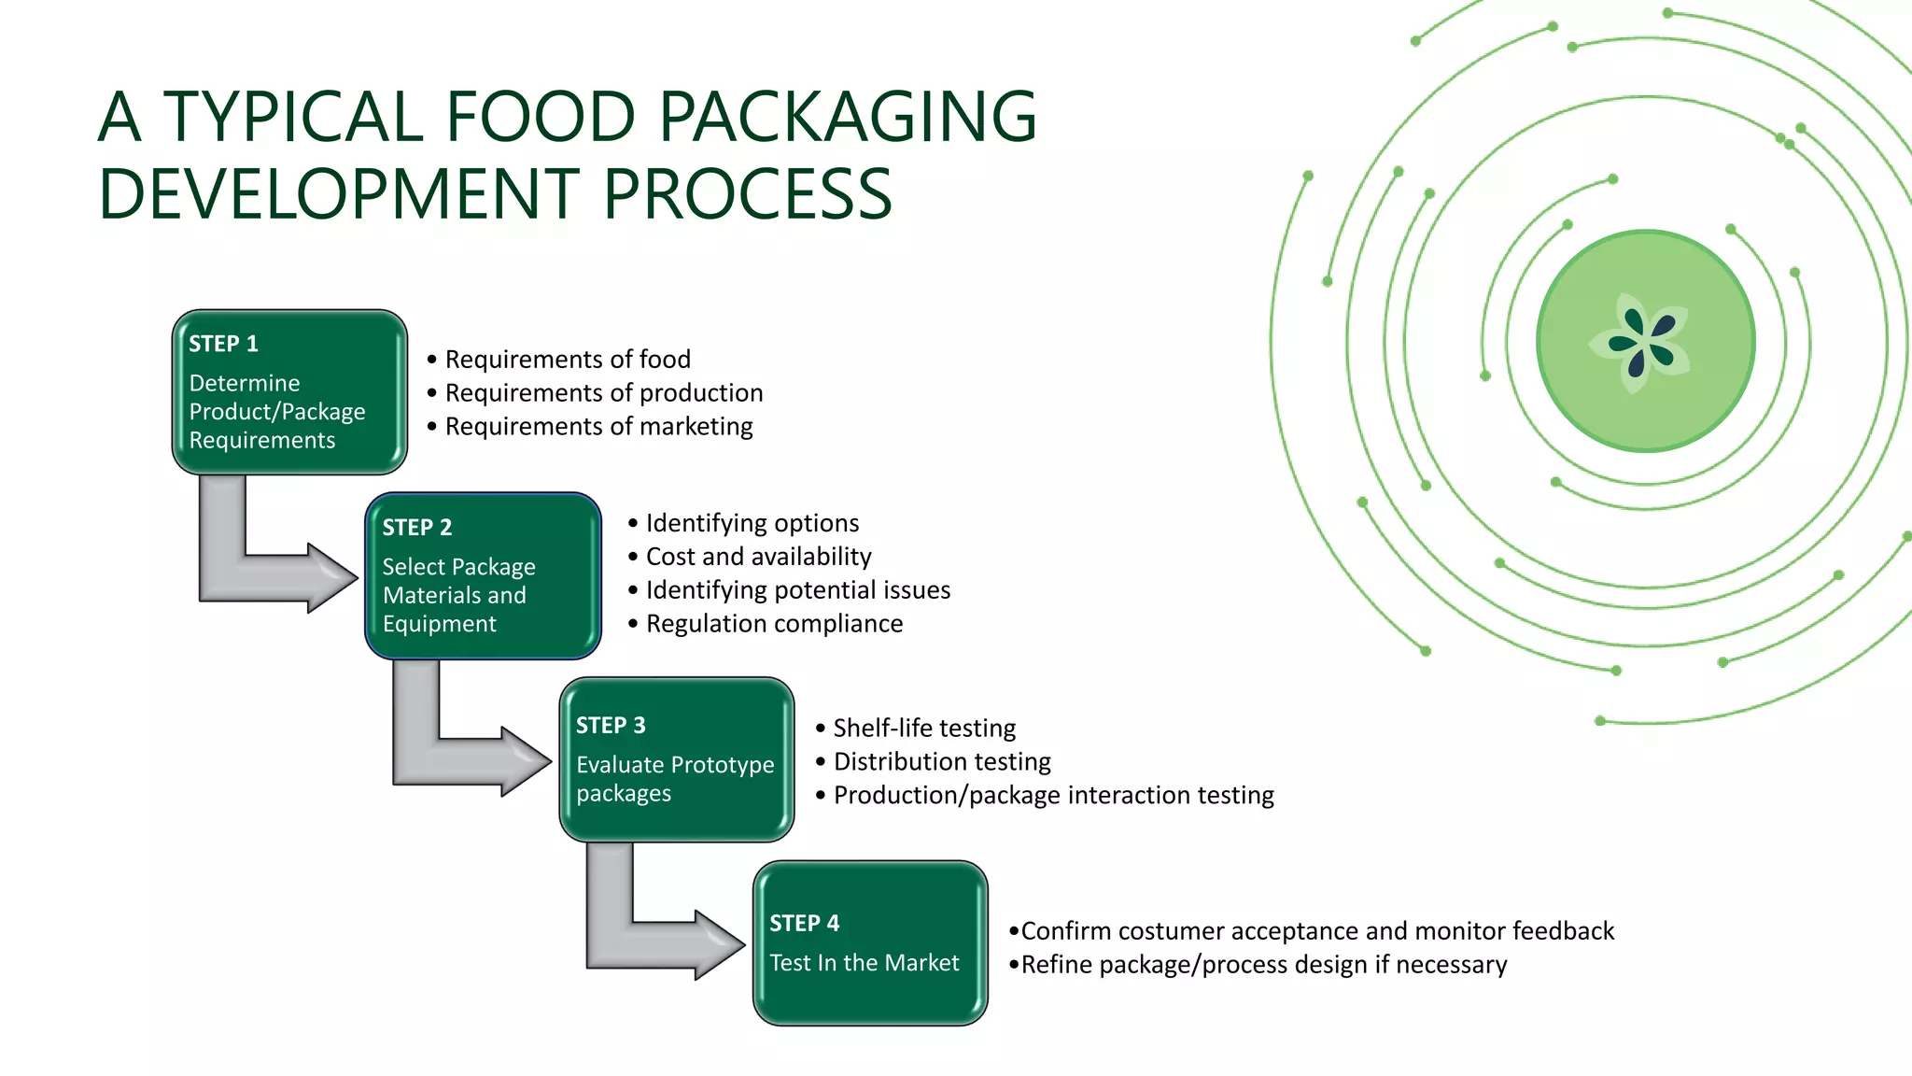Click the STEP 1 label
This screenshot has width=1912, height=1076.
tap(223, 344)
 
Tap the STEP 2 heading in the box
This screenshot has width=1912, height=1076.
tap(416, 528)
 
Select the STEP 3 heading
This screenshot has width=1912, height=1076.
tap(611, 726)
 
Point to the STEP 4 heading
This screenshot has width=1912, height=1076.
tap(804, 924)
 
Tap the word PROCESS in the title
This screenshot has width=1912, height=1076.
tap(747, 195)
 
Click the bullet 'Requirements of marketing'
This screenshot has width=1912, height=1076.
tap(598, 427)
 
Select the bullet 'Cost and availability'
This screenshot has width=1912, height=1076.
tap(758, 557)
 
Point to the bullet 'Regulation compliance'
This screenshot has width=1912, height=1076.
tap(774, 624)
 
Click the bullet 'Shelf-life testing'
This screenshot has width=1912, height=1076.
tap(924, 729)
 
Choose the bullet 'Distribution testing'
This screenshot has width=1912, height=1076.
tap(942, 762)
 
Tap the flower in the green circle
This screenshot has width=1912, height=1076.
tap(1641, 343)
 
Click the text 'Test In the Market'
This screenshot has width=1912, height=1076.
tap(864, 963)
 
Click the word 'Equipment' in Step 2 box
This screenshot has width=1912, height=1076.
tap(439, 624)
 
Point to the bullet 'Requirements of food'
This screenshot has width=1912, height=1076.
tap(568, 360)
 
